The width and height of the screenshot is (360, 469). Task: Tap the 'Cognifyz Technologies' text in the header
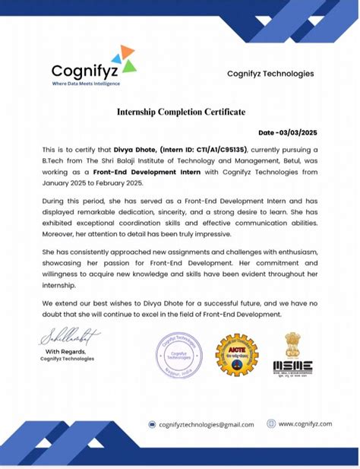pos(270,74)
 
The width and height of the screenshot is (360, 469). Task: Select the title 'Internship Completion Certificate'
pos(181,112)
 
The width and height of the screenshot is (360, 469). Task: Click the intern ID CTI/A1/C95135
pos(215,151)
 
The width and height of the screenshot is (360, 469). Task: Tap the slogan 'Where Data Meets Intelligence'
pos(85,83)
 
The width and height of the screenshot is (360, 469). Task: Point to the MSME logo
pos(292,353)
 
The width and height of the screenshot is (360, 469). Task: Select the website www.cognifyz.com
pos(305,423)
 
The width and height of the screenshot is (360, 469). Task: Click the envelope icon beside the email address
pos(152,424)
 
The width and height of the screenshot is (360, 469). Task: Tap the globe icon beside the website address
pos(270,423)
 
